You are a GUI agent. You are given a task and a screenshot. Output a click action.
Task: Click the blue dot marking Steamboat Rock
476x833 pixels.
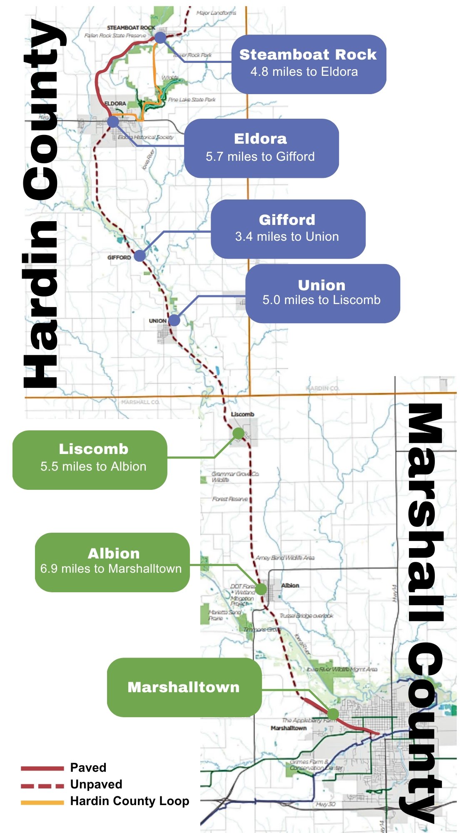tap(160, 38)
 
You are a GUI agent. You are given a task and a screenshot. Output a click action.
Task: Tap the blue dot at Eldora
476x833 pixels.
tap(113, 122)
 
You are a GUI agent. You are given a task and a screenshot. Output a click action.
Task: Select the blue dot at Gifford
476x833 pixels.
tap(140, 256)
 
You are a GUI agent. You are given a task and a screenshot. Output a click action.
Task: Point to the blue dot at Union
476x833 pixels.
tap(174, 320)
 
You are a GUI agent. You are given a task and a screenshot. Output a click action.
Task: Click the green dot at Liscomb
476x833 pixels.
tap(238, 434)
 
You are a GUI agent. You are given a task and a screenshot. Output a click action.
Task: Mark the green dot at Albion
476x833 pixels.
tap(261, 589)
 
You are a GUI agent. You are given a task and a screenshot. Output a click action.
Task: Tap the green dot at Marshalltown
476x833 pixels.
tap(333, 714)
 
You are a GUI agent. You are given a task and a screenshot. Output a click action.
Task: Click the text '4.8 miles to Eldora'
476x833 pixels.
tap(304, 72)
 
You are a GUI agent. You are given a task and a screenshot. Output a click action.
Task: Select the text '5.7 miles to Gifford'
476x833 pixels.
tap(260, 157)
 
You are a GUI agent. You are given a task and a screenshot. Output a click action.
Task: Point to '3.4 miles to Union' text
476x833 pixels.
tap(287, 237)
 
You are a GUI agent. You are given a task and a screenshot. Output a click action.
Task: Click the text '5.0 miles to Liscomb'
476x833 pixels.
tap(321, 300)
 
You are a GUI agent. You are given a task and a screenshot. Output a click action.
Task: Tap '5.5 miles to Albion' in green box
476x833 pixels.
tap(93, 466)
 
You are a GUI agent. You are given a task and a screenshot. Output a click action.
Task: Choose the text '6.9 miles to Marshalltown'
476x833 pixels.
tap(111, 569)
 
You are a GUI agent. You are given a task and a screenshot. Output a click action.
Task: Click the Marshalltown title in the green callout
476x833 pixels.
tap(184, 687)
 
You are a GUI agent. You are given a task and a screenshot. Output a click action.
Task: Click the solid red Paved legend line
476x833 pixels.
tap(42, 768)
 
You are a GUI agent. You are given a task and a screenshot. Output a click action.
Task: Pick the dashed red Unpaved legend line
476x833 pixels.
tap(42, 786)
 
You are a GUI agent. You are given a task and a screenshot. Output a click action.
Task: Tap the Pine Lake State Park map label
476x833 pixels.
tap(192, 100)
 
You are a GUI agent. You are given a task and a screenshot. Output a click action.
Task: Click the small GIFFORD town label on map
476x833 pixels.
tap(119, 258)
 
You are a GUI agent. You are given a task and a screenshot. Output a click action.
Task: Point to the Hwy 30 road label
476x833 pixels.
tap(325, 804)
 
